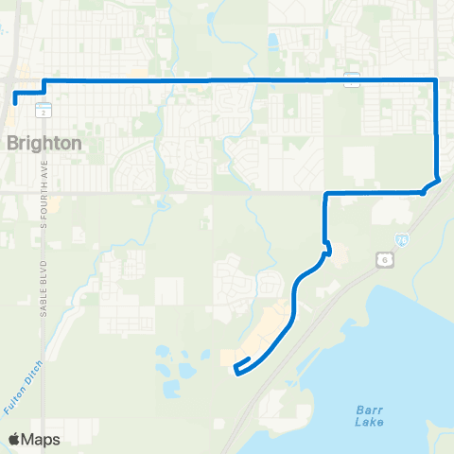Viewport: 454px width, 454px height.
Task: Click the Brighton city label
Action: (44, 143)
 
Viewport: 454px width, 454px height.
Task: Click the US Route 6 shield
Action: (384, 258)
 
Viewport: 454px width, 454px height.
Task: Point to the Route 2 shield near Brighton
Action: (44, 112)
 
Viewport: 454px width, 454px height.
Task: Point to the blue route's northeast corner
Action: (435, 80)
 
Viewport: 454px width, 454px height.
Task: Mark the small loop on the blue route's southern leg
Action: (328, 250)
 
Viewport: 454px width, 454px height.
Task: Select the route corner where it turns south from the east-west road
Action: (325, 195)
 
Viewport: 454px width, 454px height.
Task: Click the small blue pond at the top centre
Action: (273, 42)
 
